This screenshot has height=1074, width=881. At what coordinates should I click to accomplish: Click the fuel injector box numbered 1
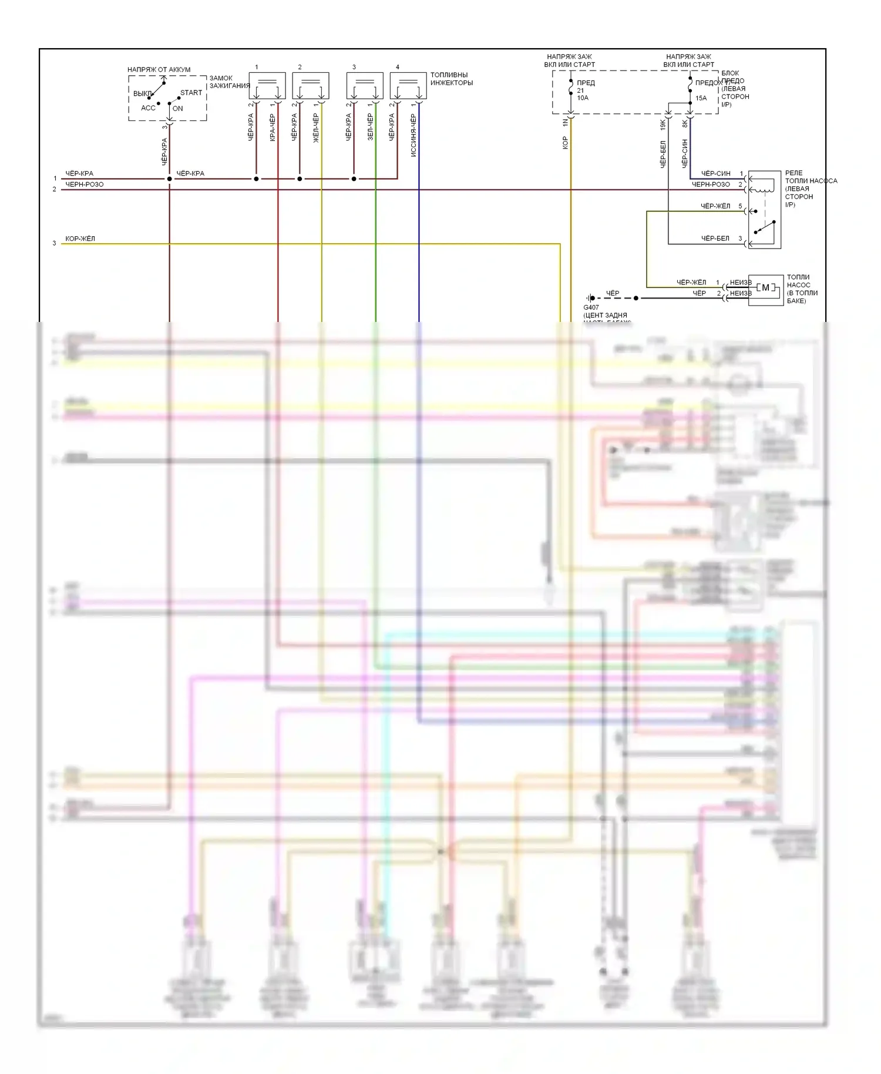click(267, 86)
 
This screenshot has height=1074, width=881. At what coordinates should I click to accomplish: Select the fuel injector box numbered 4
click(408, 86)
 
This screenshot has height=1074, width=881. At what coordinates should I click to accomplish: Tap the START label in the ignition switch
click(191, 93)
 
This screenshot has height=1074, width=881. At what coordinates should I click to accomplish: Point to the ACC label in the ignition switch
click(148, 108)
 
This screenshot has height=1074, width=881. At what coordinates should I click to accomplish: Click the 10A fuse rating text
click(583, 98)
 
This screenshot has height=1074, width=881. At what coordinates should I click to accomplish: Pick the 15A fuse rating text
click(701, 98)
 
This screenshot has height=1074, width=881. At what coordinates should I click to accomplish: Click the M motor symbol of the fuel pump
click(765, 288)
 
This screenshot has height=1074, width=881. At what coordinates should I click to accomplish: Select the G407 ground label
click(591, 307)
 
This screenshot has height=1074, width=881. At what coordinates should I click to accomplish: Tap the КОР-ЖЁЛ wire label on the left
click(80, 239)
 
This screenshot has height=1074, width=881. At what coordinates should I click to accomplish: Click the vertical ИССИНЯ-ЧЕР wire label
click(413, 136)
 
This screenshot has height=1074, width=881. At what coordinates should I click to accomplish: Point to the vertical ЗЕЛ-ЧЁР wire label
click(370, 127)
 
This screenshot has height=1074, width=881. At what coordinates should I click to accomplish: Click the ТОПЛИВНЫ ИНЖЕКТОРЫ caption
click(451, 79)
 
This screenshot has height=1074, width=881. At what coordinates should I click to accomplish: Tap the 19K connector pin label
click(663, 125)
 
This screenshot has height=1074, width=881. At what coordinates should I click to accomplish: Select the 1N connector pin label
click(566, 123)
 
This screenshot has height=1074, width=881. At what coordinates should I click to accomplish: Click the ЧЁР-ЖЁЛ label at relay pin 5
click(715, 206)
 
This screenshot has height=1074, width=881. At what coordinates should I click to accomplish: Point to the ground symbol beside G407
click(590, 298)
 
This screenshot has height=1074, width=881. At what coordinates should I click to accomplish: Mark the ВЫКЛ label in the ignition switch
click(142, 93)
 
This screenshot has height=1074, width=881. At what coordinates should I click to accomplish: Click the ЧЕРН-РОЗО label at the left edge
click(84, 184)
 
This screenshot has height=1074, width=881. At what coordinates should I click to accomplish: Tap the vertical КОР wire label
click(566, 143)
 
